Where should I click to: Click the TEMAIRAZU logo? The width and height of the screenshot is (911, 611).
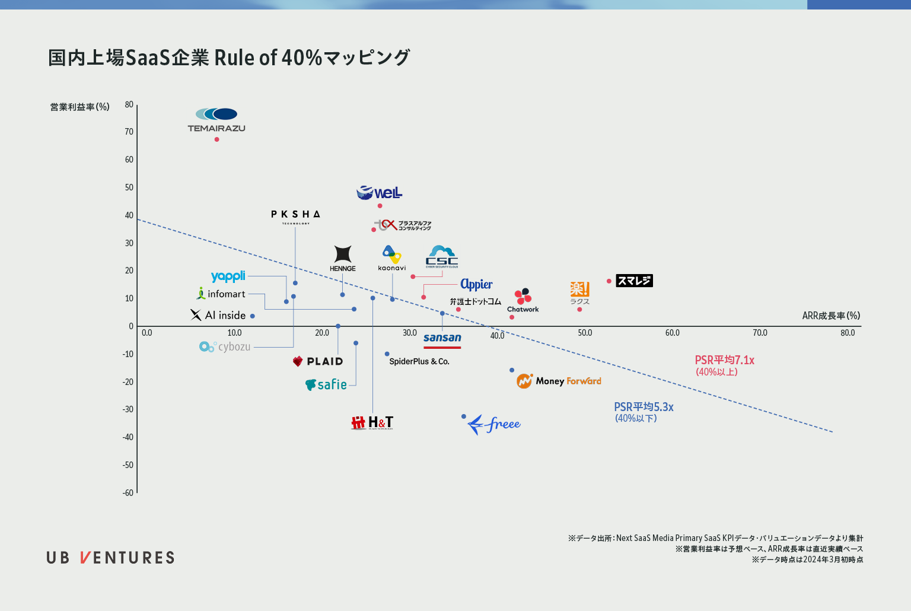216,119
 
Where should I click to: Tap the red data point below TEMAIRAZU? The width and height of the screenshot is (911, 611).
216,139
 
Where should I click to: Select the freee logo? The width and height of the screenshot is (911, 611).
493,424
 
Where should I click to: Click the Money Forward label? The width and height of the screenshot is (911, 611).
559,381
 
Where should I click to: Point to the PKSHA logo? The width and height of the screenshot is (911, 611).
295,217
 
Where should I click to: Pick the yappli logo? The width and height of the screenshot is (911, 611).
228,276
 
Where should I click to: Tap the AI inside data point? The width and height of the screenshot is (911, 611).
252,316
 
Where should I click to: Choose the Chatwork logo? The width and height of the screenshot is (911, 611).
523,300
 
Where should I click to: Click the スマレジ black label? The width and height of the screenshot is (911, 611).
634,281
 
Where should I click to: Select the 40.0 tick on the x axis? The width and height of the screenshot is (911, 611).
497,336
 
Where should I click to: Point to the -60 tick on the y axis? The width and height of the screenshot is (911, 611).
128,493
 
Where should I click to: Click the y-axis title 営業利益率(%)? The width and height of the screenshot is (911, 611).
79,107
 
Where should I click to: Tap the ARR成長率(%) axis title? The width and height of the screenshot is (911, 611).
831,316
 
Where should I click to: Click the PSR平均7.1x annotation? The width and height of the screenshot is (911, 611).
724,361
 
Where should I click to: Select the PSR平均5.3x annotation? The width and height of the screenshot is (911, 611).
644,407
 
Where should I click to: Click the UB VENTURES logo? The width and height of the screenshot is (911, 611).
111,558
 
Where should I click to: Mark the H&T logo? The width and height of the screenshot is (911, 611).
372,422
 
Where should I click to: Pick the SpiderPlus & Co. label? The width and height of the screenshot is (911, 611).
419,361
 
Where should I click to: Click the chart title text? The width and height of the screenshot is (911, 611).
229,58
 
